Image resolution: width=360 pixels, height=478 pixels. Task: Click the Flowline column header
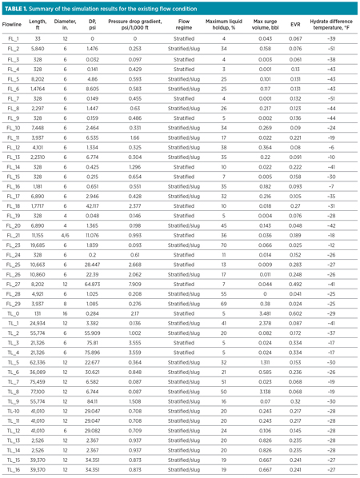point(15,27)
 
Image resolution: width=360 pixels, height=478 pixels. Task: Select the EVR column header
point(295,27)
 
